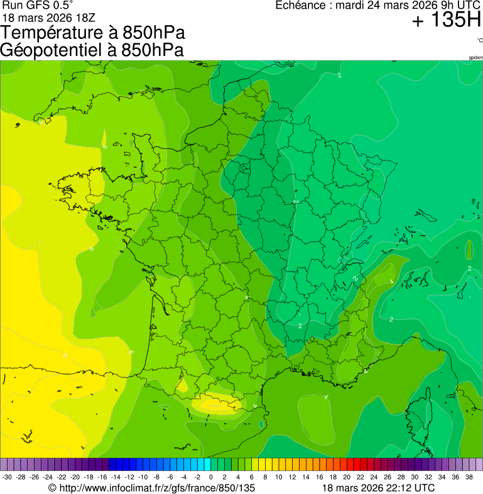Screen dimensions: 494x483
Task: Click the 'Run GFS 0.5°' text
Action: coord(41,6)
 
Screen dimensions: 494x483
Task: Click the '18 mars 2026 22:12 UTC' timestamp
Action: coord(378,488)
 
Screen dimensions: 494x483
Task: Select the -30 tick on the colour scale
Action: coord(7,477)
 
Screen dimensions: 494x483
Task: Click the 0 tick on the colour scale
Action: coord(211,477)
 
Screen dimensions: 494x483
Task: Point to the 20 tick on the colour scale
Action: coord(347,477)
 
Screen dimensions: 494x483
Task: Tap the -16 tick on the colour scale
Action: coord(102,477)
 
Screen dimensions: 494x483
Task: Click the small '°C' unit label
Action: coord(479,40)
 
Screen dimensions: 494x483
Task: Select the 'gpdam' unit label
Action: coord(475,58)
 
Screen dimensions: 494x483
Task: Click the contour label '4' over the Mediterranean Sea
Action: coord(326,397)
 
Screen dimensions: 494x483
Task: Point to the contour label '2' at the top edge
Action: coord(339,75)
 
